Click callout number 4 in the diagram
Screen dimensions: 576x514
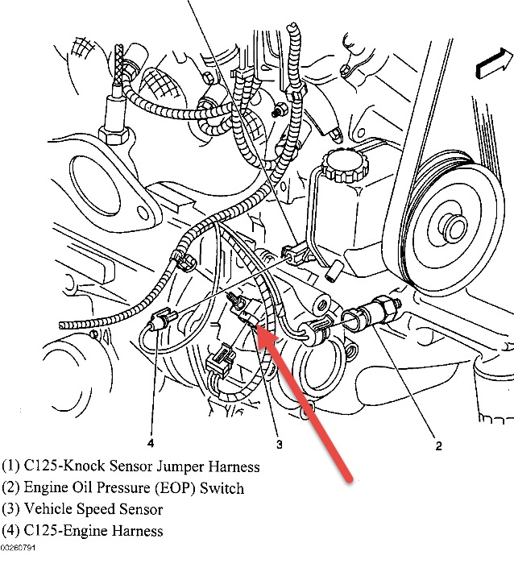150,441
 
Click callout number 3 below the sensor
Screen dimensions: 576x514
279,442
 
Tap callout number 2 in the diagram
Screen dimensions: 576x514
438,444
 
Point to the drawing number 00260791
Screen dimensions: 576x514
18,548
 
